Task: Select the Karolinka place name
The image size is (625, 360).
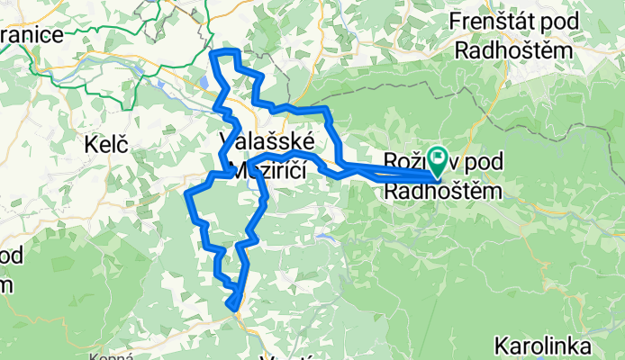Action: coord(543,346)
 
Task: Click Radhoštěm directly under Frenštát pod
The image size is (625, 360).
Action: coord(513,50)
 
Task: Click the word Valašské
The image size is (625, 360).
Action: coord(267,141)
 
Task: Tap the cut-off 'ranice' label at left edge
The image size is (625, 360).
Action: coord(31,35)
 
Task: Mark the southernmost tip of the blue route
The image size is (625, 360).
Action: coord(237,310)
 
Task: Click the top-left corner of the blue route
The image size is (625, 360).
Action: coord(213,54)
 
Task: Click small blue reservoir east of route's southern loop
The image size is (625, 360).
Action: coord(321,238)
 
